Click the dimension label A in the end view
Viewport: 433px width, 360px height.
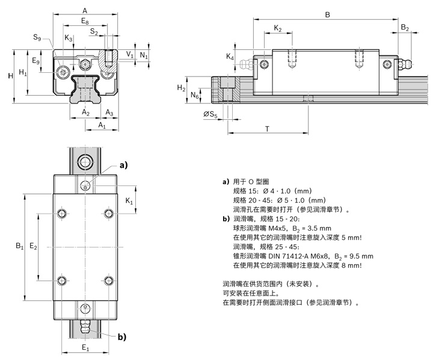pyautogui.click(x=85, y=10)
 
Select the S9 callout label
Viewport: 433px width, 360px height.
pyautogui.click(x=37, y=37)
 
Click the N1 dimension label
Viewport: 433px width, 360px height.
pyautogui.click(x=143, y=55)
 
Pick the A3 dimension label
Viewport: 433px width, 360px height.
pyautogui.click(x=109, y=113)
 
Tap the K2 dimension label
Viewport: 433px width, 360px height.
pyautogui.click(x=278, y=28)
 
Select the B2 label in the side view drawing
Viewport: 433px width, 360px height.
pyautogui.click(x=405, y=28)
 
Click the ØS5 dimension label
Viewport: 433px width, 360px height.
pyautogui.click(x=210, y=113)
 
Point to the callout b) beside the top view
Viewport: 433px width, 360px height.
pyautogui.click(x=122, y=336)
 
